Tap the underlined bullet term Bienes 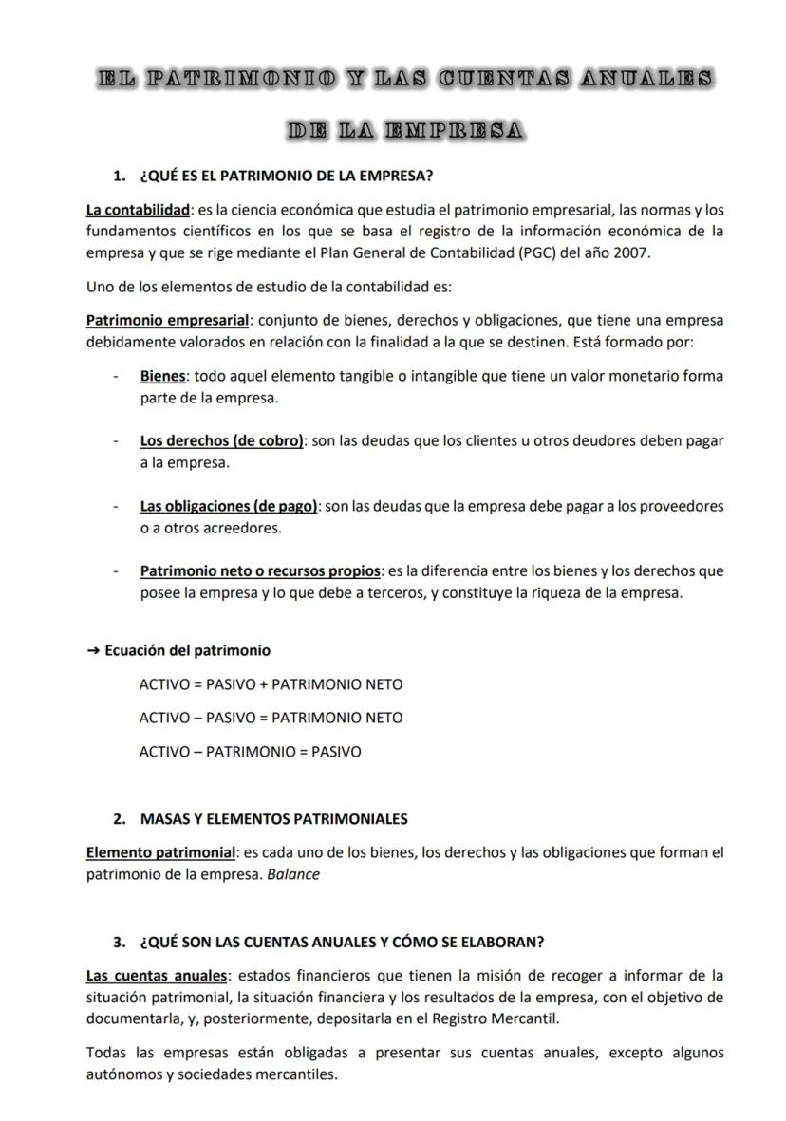(x=163, y=376)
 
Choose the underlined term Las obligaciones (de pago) (x=230, y=506)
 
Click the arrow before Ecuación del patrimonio (x=92, y=651)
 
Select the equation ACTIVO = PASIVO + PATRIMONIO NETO (x=271, y=684)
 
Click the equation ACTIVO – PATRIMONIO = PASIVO (x=250, y=752)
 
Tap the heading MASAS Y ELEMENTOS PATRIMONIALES (x=273, y=819)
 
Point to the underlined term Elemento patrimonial (x=159, y=852)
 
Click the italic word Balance (x=293, y=874)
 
